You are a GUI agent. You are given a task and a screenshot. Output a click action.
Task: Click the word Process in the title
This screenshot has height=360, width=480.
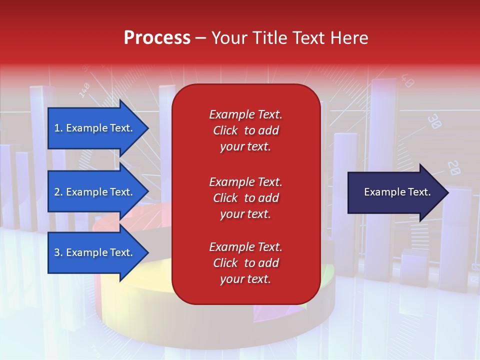pyautogui.click(x=157, y=38)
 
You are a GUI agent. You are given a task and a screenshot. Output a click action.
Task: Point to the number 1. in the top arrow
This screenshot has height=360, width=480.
pyautogui.click(x=58, y=128)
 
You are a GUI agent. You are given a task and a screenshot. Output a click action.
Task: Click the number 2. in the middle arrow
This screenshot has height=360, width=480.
pyautogui.click(x=58, y=192)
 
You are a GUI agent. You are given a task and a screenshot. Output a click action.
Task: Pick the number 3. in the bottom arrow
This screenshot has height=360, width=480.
pyautogui.click(x=58, y=252)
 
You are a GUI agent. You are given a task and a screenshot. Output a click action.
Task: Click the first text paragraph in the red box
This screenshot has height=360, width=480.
pyautogui.click(x=245, y=130)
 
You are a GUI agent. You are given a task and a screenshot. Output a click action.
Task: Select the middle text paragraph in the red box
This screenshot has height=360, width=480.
pyautogui.click(x=245, y=198)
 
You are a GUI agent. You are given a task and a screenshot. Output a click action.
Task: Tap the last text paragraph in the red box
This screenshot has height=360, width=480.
pyautogui.click(x=245, y=263)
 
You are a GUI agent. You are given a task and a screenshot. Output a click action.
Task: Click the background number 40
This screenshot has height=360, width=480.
pyautogui.click(x=407, y=81)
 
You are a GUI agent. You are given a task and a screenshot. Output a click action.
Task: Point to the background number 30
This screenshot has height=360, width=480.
pyautogui.click(x=434, y=121)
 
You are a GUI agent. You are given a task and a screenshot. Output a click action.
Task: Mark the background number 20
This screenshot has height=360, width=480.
pyautogui.click(x=454, y=167)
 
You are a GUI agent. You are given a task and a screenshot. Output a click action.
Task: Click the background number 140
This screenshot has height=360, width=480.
pyautogui.click(x=84, y=89)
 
